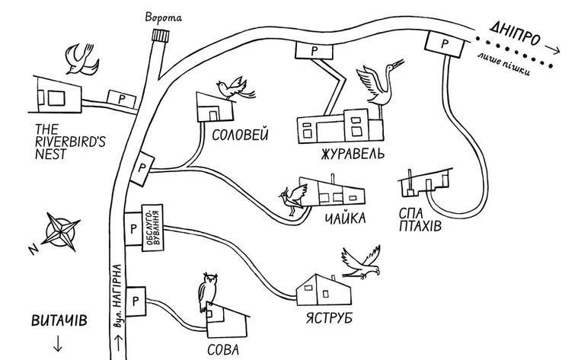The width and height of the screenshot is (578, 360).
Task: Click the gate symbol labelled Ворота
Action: (x=161, y=36)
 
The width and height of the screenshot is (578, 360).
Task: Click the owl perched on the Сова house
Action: (x=208, y=291)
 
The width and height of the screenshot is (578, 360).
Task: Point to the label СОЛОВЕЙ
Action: (x=240, y=135)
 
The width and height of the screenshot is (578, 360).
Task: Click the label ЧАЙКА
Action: (x=346, y=218)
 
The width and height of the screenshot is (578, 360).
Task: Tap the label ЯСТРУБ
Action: (x=329, y=318)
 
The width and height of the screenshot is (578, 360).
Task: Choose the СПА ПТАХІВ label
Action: (x=420, y=220)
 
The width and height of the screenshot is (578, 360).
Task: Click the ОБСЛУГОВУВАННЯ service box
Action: (x=152, y=228)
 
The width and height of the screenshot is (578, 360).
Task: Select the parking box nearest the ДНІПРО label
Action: (x=444, y=45)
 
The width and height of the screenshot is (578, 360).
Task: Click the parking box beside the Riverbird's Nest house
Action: (x=121, y=99)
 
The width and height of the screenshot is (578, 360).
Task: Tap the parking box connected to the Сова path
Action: (x=136, y=301)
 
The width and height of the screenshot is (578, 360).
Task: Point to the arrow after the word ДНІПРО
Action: (x=552, y=49)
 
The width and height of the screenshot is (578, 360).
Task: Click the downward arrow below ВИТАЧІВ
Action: (x=58, y=343)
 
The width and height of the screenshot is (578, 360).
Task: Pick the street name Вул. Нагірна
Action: (x=117, y=296)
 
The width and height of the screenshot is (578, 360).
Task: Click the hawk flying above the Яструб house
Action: (x=361, y=263)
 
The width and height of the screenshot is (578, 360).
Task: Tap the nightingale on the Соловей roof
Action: (x=235, y=88)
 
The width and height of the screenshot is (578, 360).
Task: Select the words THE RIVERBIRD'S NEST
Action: (x=70, y=142)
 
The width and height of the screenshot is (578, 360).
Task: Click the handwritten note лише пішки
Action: (x=504, y=64)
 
